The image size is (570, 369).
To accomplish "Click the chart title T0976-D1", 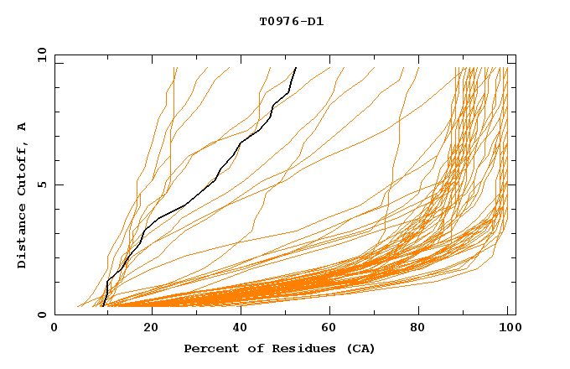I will pyautogui.click(x=291, y=21).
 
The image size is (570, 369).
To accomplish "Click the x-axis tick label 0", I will pyautogui.click(x=54, y=329).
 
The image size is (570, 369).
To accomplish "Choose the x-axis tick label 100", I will pyautogui.click(x=508, y=329).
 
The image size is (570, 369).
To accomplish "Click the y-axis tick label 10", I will pyautogui.click(x=40, y=55).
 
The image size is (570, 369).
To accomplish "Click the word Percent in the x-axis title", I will pyautogui.click(x=210, y=348).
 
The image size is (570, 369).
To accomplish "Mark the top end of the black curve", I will pyautogui.click(x=296, y=67).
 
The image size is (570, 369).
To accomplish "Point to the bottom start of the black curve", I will pyautogui.click(x=102, y=306).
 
